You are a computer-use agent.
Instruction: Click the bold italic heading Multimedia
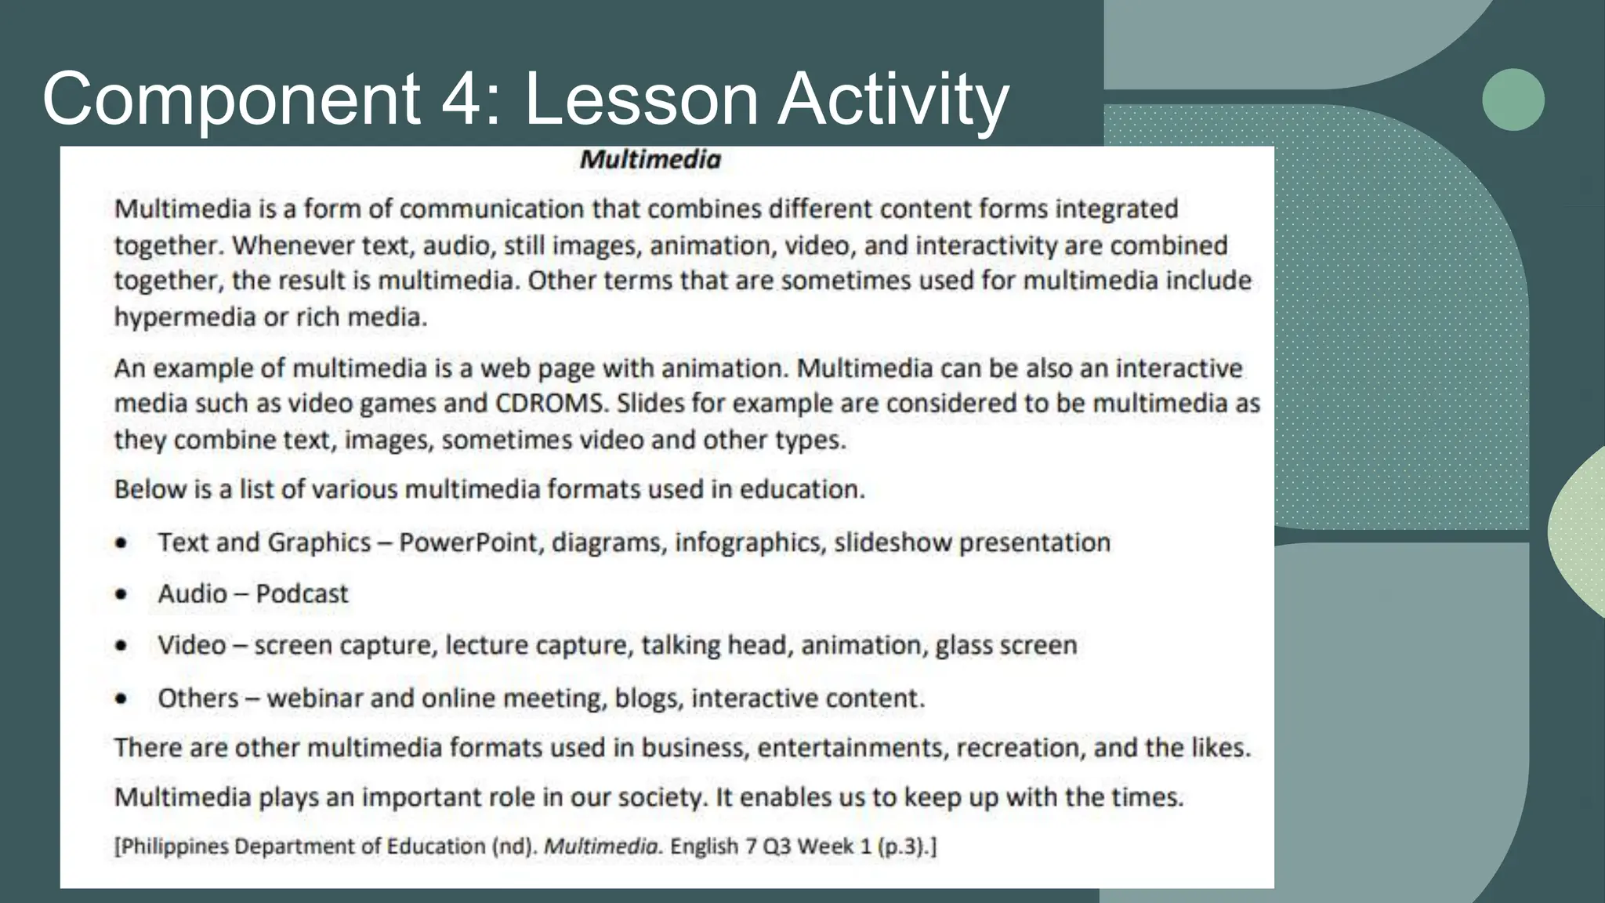650,160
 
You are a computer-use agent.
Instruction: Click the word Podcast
302,594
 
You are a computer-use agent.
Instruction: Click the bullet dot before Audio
121,594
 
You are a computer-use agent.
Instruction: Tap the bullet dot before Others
121,698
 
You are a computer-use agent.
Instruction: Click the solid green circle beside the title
1513,100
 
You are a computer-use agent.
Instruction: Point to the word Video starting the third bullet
192,646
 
